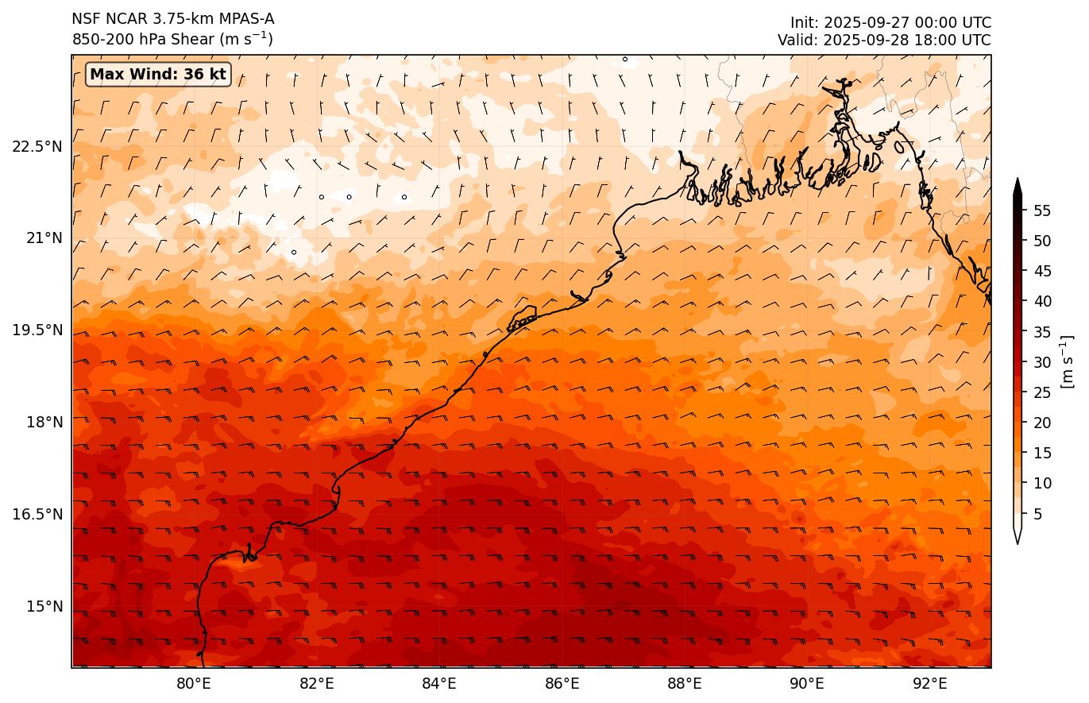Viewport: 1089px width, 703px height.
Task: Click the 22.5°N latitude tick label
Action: click(x=37, y=146)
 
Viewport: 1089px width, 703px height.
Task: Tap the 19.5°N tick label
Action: click(x=37, y=330)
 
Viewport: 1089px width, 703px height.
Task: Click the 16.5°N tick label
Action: click(x=37, y=514)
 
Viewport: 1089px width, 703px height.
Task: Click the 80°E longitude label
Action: click(x=194, y=683)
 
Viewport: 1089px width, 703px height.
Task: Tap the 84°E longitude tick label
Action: click(x=439, y=683)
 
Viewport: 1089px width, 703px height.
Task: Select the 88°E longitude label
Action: click(x=685, y=683)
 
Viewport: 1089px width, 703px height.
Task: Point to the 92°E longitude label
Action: click(x=930, y=683)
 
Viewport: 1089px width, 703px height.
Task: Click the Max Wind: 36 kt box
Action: click(x=158, y=75)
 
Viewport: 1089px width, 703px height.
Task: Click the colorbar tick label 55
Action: click(x=1042, y=211)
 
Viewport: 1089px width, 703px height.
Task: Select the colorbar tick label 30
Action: click(x=1042, y=362)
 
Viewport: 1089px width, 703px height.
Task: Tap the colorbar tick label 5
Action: click(x=1038, y=514)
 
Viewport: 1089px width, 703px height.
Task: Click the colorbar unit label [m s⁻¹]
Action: click(x=1067, y=361)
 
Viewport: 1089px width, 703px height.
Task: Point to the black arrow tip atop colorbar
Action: click(x=1018, y=184)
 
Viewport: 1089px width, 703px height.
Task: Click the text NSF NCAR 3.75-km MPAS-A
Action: click(x=173, y=19)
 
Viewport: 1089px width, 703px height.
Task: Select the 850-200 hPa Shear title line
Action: click(x=172, y=39)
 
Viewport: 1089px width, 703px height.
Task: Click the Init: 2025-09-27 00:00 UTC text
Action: click(x=890, y=23)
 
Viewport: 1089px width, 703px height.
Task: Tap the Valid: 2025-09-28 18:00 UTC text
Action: click(x=884, y=40)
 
